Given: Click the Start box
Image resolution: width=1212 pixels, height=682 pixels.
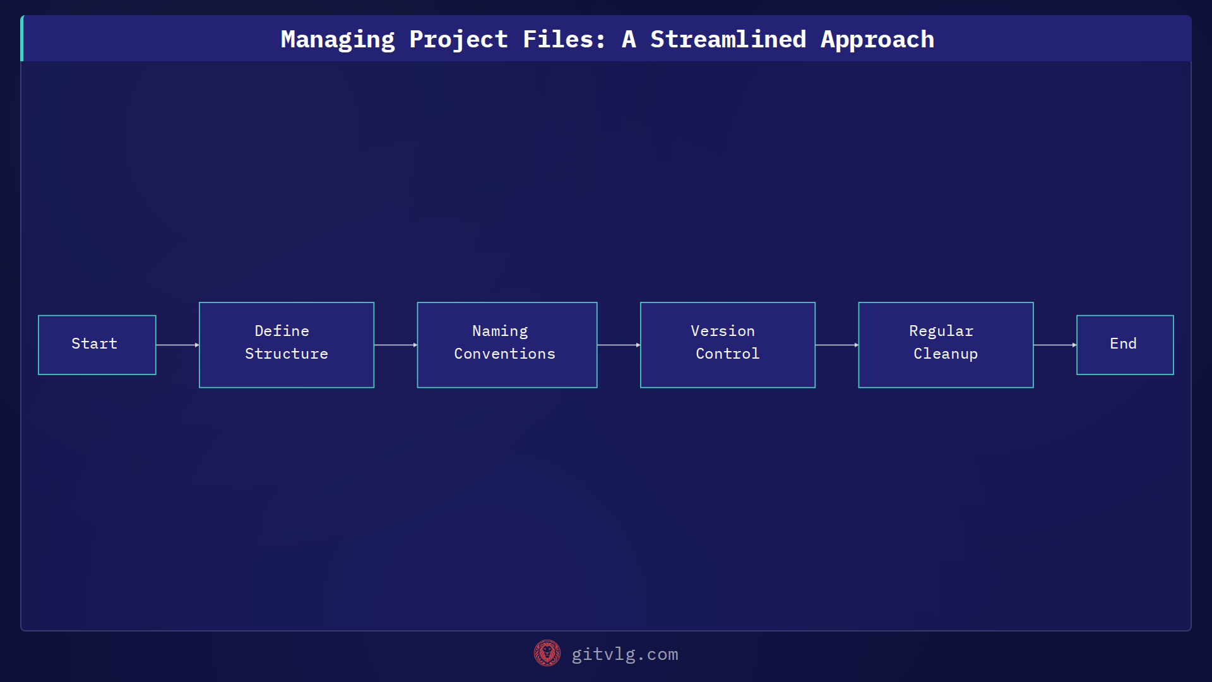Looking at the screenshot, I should click(x=97, y=345).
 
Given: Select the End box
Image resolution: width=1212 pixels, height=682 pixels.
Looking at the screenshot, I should click(x=1125, y=345).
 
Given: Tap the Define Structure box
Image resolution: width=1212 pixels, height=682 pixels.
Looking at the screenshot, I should click(x=287, y=345).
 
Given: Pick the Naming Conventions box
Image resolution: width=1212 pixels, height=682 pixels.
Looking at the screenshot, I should click(x=507, y=345).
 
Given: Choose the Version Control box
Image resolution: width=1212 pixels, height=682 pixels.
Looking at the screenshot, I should click(x=727, y=345).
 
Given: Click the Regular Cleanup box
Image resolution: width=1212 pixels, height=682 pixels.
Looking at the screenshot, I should click(x=946, y=345).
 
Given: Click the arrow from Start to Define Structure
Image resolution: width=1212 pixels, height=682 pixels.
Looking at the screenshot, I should click(x=177, y=345).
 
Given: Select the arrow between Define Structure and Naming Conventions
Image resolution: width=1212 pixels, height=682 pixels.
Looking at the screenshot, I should click(x=395, y=345).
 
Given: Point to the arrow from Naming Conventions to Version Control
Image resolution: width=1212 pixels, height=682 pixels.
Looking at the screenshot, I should click(x=618, y=345).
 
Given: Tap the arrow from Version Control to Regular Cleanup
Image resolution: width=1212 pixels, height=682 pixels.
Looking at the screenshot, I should click(x=836, y=345).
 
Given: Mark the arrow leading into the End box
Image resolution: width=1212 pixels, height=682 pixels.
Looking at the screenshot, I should click(x=1054, y=345).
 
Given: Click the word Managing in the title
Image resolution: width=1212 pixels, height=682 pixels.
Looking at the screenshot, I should click(x=338, y=40).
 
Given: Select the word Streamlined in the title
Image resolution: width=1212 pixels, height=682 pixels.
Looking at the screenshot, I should click(x=728, y=40).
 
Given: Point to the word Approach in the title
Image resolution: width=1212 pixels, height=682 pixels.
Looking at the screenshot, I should click(x=877, y=40).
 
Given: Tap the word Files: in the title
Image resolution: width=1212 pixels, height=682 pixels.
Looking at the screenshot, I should click(x=564, y=40).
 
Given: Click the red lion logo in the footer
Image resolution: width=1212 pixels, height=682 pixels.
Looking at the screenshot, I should click(x=547, y=654).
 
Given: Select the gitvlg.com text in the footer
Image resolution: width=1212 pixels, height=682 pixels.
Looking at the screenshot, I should click(x=624, y=654).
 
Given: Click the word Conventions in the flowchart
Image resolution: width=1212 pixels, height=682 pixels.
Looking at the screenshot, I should click(x=504, y=354).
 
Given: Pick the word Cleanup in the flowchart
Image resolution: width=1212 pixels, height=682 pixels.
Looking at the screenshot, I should click(x=946, y=354).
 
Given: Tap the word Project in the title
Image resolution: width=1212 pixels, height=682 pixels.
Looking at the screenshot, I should click(x=458, y=40).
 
